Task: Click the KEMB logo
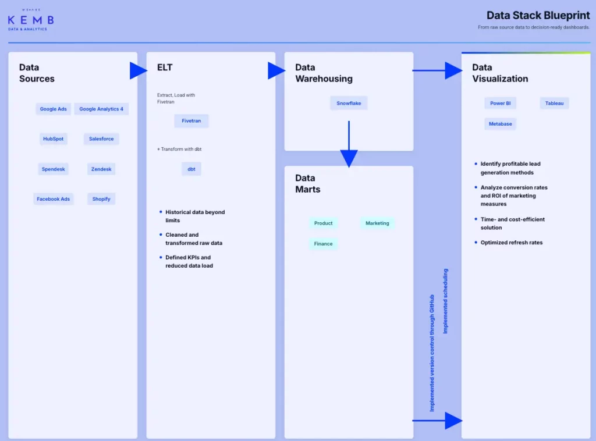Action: pyautogui.click(x=31, y=20)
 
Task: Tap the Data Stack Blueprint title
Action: pyautogui.click(x=538, y=16)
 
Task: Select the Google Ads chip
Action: pyautogui.click(x=53, y=109)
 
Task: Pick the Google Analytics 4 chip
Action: pyautogui.click(x=101, y=109)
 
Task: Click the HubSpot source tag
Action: pyautogui.click(x=53, y=139)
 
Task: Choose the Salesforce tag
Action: pyautogui.click(x=101, y=139)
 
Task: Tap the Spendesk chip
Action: pyautogui.click(x=53, y=169)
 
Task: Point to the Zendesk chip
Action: pyautogui.click(x=101, y=169)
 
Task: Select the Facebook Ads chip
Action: pyautogui.click(x=53, y=199)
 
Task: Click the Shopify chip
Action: pyautogui.click(x=101, y=199)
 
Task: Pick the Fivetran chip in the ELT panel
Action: pyautogui.click(x=191, y=121)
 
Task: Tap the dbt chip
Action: pyautogui.click(x=191, y=169)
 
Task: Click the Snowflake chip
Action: pyautogui.click(x=349, y=104)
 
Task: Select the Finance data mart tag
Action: pyautogui.click(x=323, y=244)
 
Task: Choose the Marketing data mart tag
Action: pyautogui.click(x=377, y=223)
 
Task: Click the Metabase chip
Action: pyautogui.click(x=500, y=124)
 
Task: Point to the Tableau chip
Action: pyautogui.click(x=554, y=104)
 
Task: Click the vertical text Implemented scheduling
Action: pyautogui.click(x=445, y=301)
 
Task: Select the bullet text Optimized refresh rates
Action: pyautogui.click(x=511, y=243)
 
